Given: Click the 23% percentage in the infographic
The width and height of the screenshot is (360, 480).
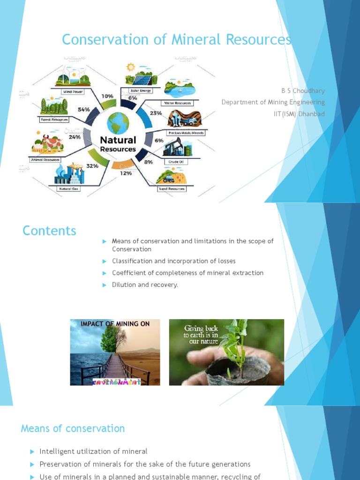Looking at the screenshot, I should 156,113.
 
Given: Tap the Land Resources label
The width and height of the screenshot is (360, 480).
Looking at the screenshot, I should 172,189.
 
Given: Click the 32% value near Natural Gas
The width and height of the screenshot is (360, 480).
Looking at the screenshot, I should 92,165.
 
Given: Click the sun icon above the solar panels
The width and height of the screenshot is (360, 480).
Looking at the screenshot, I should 130,67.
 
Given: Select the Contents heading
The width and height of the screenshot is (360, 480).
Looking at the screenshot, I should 49,231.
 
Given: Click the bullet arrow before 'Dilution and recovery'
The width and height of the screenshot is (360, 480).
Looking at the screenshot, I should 105,285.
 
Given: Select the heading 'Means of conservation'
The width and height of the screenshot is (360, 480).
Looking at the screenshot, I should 73,428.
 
